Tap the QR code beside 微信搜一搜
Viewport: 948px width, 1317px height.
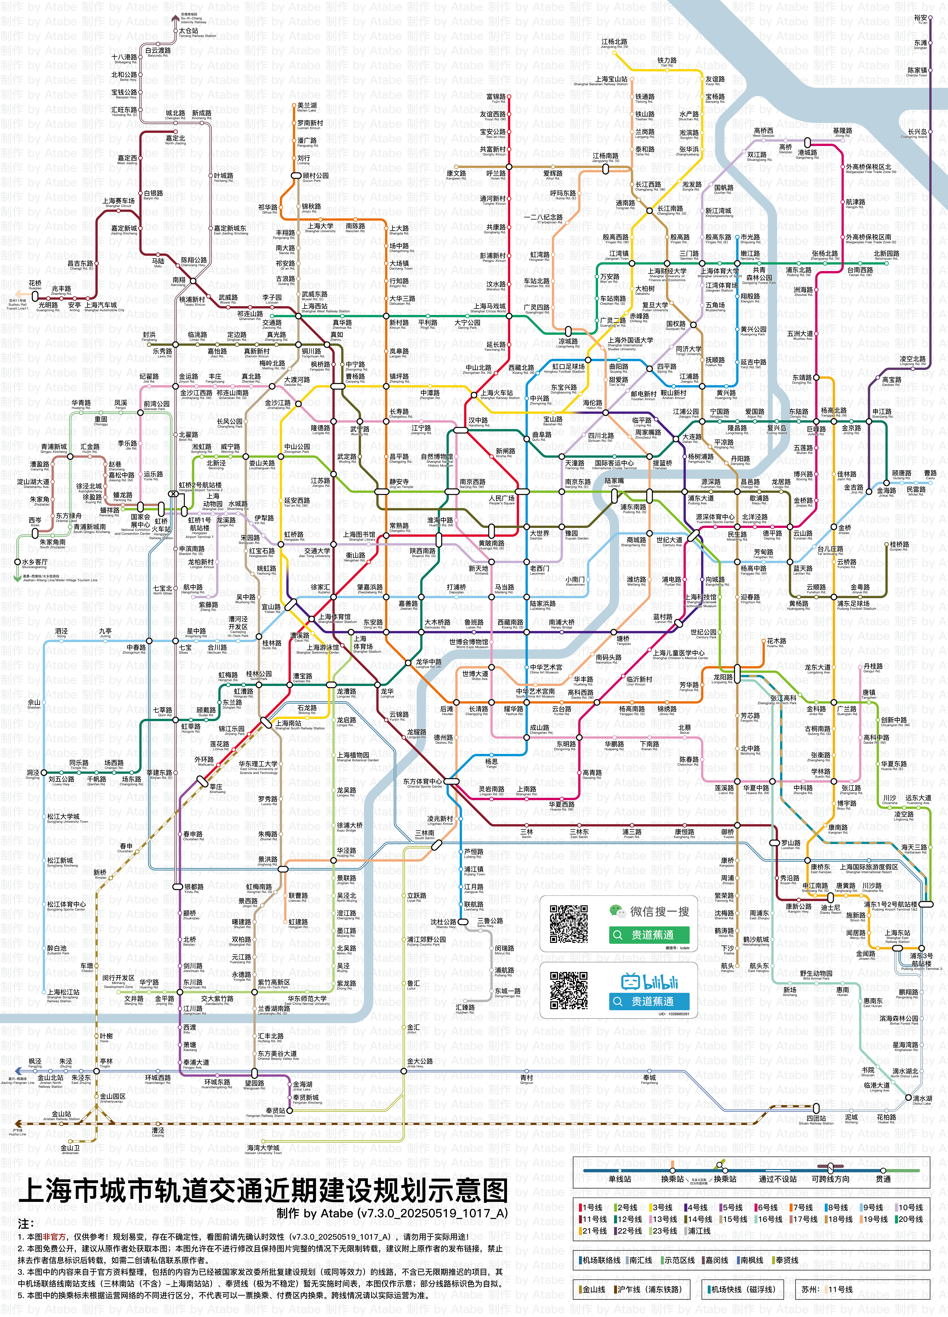[x=569, y=923]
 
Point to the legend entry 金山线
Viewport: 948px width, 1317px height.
[x=593, y=1289]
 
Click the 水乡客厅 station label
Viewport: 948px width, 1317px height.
[x=35, y=562]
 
